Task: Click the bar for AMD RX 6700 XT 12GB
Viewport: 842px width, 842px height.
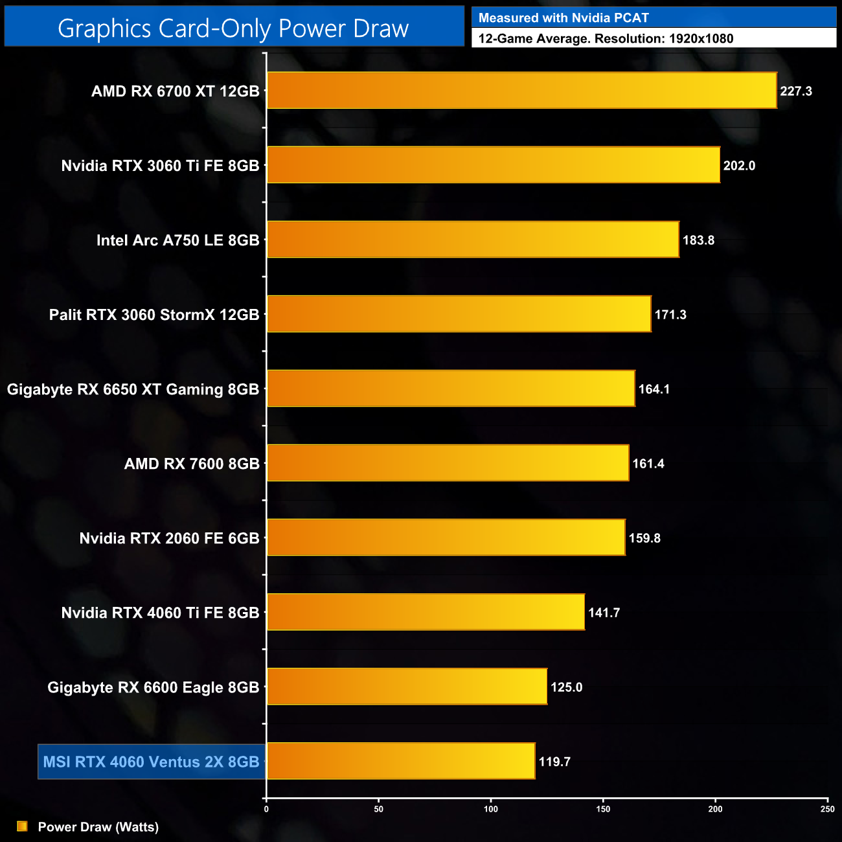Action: [521, 90]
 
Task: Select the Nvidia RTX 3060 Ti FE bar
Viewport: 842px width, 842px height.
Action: [493, 165]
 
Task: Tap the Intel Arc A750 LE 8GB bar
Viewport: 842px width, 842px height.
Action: [473, 240]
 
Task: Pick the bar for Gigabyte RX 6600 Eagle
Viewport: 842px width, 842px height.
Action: [407, 687]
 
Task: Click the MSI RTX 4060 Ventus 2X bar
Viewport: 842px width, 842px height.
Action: [401, 761]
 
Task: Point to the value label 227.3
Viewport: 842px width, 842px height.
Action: [796, 91]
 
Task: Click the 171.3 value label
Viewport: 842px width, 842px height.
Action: [670, 315]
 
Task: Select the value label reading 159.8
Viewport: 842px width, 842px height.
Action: [644, 538]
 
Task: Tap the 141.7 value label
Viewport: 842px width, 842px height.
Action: [604, 613]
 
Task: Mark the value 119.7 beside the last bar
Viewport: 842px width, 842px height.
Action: [554, 762]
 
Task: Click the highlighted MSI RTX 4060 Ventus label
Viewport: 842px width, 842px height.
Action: [151, 762]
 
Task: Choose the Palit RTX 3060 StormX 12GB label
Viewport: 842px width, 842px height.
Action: [154, 315]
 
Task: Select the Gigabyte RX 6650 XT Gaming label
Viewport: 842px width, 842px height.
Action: [133, 389]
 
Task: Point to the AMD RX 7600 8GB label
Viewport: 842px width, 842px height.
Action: [192, 464]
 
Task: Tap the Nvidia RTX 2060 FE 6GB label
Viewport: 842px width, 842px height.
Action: [169, 538]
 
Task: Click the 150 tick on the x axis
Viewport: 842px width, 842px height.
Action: [603, 809]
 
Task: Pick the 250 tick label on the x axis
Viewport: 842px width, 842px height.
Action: [827, 809]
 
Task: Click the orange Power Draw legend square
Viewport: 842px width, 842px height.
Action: [22, 826]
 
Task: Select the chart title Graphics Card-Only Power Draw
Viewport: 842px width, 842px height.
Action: [233, 28]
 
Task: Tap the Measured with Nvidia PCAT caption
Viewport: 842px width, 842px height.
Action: [563, 18]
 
